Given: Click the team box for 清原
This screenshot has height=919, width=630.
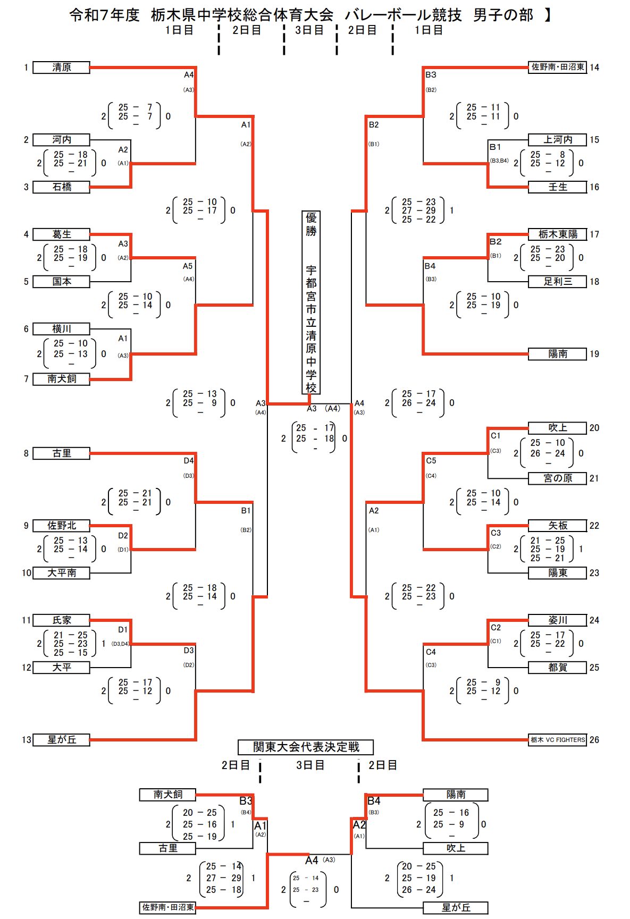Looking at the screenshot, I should [x=61, y=68].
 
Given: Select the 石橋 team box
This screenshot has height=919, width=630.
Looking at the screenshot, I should [x=61, y=187].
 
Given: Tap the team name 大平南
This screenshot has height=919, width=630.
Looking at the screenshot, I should [x=61, y=573].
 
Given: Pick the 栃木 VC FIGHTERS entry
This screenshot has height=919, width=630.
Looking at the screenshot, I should [x=557, y=739].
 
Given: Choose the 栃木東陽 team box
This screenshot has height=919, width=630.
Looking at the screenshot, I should [x=557, y=234].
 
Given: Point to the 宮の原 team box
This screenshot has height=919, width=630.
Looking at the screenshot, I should [x=557, y=478].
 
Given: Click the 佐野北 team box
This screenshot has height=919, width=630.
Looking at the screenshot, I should [x=61, y=526].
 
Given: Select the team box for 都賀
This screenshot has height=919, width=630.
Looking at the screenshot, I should [x=557, y=668].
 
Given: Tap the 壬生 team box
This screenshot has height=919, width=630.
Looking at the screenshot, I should [x=557, y=187].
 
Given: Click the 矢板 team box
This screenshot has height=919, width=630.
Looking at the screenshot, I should [x=557, y=526].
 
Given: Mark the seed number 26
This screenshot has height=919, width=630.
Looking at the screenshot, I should [x=594, y=740].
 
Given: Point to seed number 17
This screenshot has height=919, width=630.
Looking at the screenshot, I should [x=594, y=234].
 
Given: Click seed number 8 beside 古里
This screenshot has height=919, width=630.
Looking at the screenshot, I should [x=26, y=453].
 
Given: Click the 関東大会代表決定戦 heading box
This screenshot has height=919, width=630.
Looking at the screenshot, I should [x=306, y=747].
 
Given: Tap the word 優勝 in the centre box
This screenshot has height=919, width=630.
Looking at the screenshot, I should [x=311, y=224].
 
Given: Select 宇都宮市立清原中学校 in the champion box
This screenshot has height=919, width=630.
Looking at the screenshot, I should [x=311, y=330].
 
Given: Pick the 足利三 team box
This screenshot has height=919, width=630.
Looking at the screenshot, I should [x=557, y=282].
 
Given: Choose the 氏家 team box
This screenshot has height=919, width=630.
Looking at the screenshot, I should [x=61, y=620].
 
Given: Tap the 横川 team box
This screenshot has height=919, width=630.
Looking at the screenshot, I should [x=61, y=329].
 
